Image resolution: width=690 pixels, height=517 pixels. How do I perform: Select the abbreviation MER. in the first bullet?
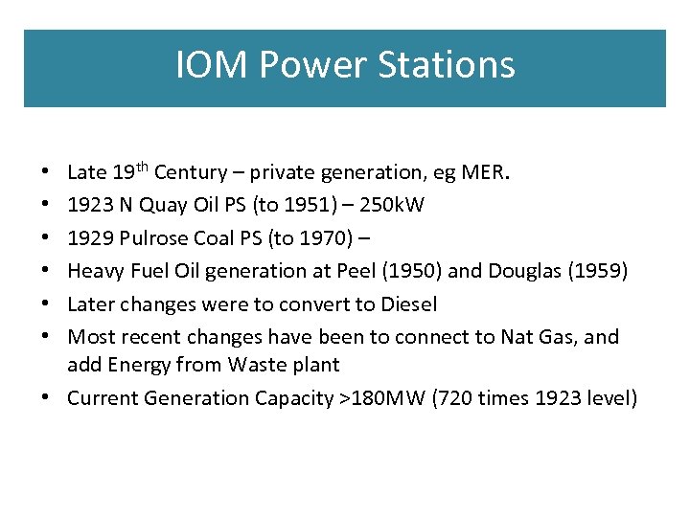pyautogui.click(x=488, y=172)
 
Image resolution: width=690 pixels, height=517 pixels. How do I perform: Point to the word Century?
pyautogui.click(x=190, y=172)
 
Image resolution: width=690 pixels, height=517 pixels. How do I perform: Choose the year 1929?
pyautogui.click(x=90, y=238)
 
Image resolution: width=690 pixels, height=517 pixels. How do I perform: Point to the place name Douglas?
pyautogui.click(x=526, y=271)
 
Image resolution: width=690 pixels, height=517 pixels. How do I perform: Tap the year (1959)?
pyautogui.click(x=600, y=271)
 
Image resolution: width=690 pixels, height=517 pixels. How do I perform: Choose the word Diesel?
pyautogui.click(x=408, y=304)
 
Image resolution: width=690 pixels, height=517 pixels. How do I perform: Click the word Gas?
pyautogui.click(x=558, y=337)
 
